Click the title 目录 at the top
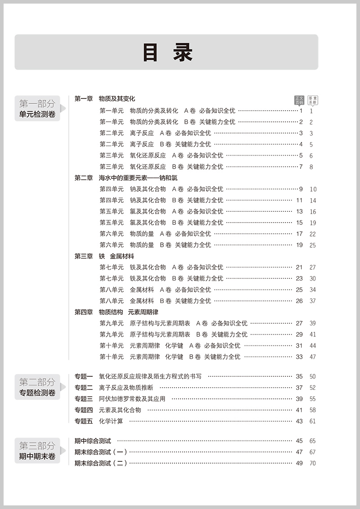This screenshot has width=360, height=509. tap(167, 53)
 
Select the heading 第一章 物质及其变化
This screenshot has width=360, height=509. tap(104, 99)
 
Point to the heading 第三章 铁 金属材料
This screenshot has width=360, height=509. tap(104, 256)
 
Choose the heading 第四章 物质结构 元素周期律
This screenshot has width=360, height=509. tap(116, 312)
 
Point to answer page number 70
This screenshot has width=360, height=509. tap(312, 463)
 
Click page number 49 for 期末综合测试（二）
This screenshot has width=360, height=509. tap(299, 463)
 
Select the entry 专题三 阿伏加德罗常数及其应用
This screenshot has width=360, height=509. tap(120, 399)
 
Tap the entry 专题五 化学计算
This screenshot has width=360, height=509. tap(99, 421)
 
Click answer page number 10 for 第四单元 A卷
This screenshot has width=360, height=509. tap(313, 189)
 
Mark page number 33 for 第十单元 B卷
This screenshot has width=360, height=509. tap(299, 357)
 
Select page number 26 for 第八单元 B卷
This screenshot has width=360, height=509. tap(299, 301)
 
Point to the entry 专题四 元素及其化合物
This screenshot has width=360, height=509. tap(108, 410)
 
